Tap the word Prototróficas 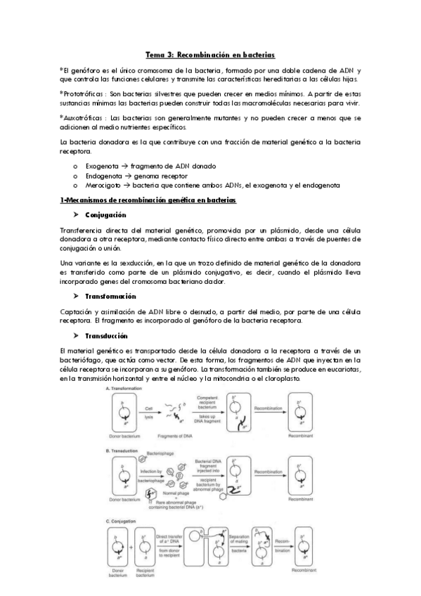pos(83,93)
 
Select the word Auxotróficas pos(82,118)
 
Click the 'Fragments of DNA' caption pos(183,436)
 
